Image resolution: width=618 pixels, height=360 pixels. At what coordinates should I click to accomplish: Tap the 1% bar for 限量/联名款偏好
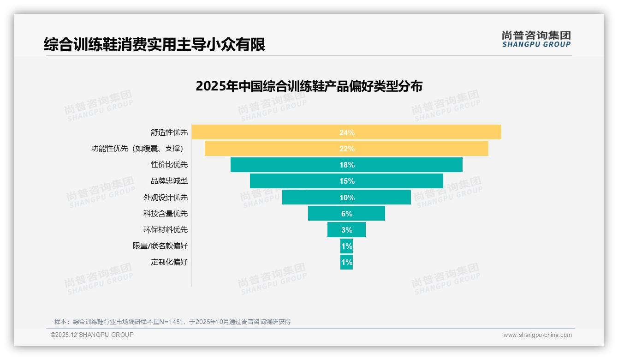point(346,246)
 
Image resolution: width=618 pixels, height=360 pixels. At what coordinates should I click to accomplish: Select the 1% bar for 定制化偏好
point(346,262)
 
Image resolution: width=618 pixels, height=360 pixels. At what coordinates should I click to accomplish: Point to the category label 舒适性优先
point(169,132)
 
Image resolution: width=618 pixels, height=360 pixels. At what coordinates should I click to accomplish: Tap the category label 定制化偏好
point(169,262)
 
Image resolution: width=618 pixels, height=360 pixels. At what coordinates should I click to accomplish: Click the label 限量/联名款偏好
point(160,246)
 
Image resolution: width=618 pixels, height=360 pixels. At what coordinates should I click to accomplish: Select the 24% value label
point(347,132)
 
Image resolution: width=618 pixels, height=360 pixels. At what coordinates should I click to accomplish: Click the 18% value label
point(347,165)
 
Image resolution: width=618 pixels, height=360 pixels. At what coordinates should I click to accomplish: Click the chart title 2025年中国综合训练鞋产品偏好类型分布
point(309,86)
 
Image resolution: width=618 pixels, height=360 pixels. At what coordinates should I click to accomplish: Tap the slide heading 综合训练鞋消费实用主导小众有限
point(154,45)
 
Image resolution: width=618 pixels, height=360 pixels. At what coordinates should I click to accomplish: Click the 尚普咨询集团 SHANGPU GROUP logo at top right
point(536,39)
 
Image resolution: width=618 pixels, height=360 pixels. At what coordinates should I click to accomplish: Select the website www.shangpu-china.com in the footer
point(537,335)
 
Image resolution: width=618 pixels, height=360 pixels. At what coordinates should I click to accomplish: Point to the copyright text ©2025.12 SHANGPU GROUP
point(92,335)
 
